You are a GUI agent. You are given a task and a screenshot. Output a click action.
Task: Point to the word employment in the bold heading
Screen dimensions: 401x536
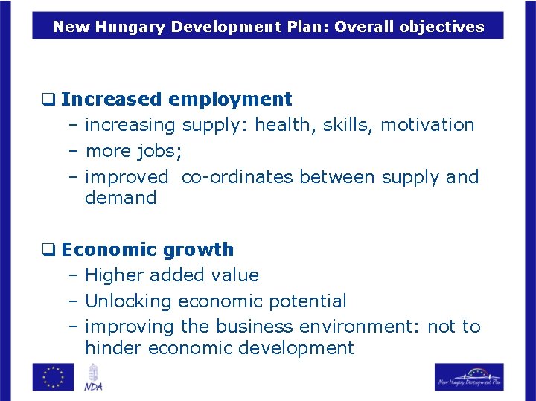(x=230, y=99)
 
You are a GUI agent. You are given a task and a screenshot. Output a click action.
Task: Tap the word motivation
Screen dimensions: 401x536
(x=427, y=125)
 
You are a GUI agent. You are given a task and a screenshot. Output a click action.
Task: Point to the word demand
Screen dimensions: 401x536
(x=121, y=198)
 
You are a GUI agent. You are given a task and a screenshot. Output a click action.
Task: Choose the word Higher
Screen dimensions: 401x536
(x=115, y=275)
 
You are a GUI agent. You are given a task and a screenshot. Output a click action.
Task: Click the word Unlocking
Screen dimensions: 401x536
(x=128, y=301)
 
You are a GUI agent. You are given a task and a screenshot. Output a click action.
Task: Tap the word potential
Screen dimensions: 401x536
(x=310, y=301)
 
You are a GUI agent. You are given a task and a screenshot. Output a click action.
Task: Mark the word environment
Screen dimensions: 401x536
(x=359, y=327)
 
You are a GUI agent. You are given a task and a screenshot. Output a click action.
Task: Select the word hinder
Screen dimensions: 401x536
(x=114, y=348)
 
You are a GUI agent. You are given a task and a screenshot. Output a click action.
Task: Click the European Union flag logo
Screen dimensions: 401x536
(x=53, y=376)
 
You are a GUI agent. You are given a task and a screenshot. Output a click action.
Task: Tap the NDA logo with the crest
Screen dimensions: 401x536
(x=94, y=376)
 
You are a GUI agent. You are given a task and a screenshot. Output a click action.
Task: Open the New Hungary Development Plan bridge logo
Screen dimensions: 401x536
(x=469, y=376)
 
